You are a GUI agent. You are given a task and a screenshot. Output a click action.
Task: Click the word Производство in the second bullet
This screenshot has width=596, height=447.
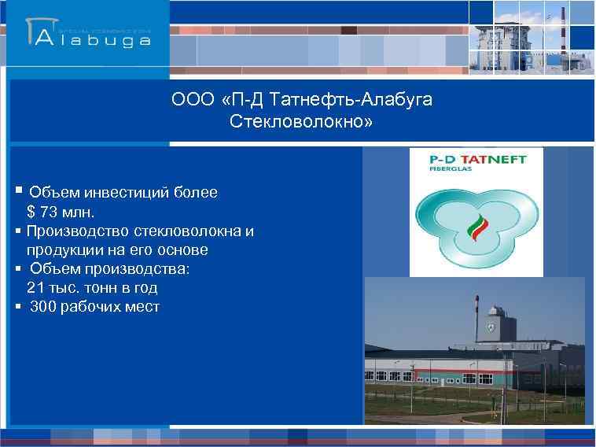point(72,231)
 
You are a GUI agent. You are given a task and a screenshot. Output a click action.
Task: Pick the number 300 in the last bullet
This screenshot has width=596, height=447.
point(43,307)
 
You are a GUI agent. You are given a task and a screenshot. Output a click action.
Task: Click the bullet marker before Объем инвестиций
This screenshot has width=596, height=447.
point(18,191)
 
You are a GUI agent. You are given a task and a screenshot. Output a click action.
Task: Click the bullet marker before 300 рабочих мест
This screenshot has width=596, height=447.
point(18,307)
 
